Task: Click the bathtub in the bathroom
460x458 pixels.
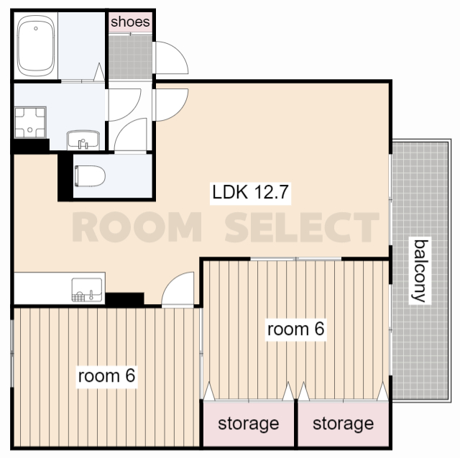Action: pyautogui.click(x=36, y=45)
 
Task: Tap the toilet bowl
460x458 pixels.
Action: pyautogui.click(x=90, y=176)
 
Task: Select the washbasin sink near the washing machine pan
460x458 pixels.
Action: pyautogui.click(x=83, y=140)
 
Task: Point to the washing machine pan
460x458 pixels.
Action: pyautogui.click(x=30, y=122)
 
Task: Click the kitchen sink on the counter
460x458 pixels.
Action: pyautogui.click(x=87, y=290)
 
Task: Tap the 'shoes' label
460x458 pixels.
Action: pyautogui.click(x=130, y=22)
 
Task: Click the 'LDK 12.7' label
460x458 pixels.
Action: pyautogui.click(x=250, y=193)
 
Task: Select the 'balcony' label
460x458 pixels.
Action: pyautogui.click(x=420, y=270)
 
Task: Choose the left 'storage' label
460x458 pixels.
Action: pyautogui.click(x=249, y=423)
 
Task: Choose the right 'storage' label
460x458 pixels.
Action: pyautogui.click(x=344, y=423)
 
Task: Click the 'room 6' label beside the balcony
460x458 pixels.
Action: pyautogui.click(x=295, y=329)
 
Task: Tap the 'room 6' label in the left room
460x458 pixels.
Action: pyautogui.click(x=106, y=375)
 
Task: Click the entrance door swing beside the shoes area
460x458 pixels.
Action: pyautogui.click(x=171, y=58)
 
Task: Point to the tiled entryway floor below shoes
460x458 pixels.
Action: pyautogui.click(x=130, y=57)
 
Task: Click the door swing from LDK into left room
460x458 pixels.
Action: pyautogui.click(x=178, y=289)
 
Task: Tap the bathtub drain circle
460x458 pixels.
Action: pyautogui.click(x=36, y=29)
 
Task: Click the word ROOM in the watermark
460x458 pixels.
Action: pyautogui.click(x=137, y=226)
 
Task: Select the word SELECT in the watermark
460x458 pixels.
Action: pyautogui.click(x=302, y=226)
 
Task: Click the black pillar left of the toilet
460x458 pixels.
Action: pyautogui.click(x=65, y=177)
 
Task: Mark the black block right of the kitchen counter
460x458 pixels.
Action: pyautogui.click(x=124, y=299)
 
